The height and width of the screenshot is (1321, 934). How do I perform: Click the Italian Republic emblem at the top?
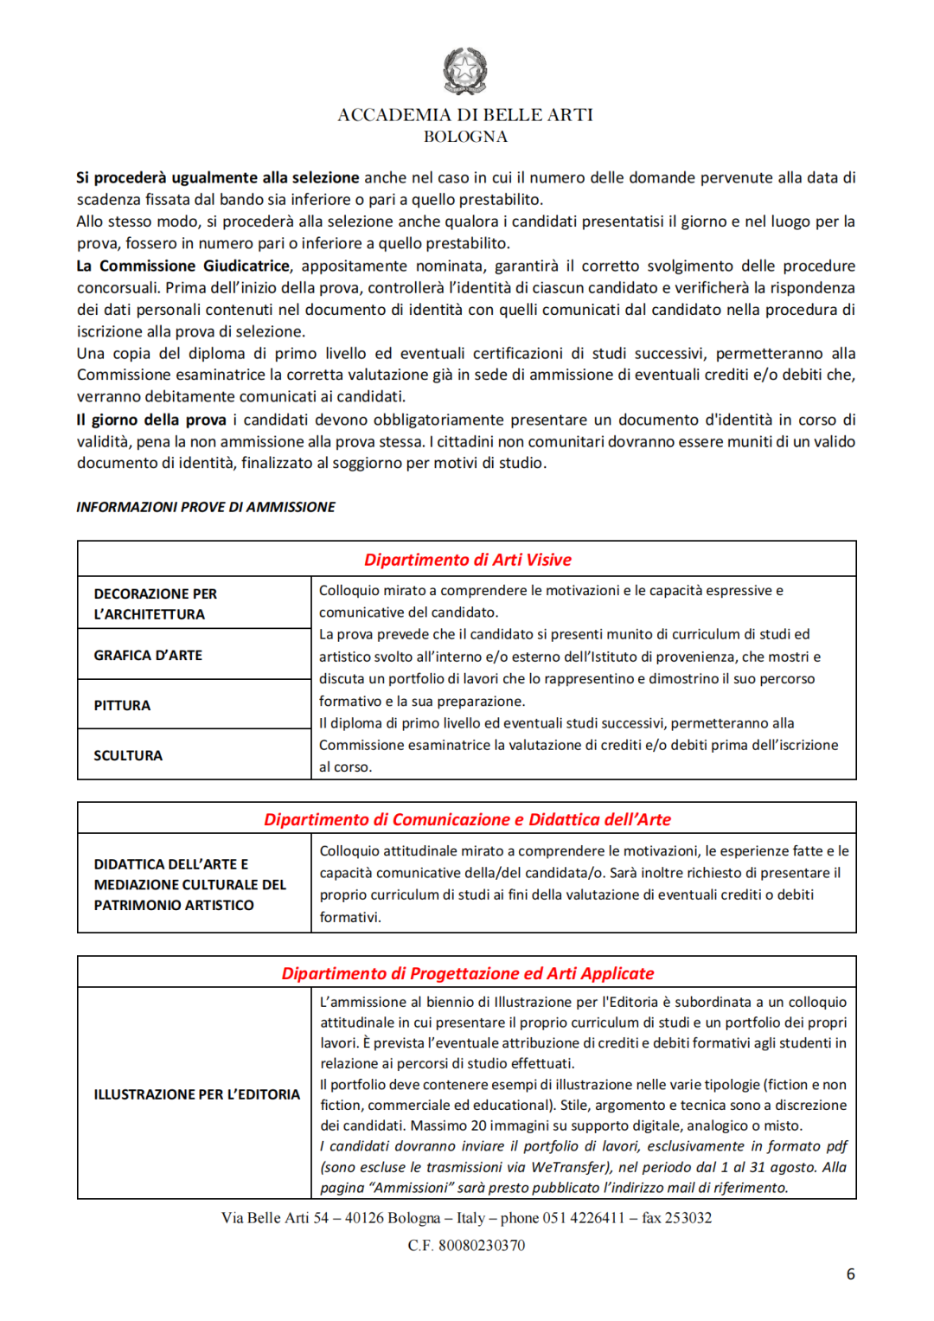point(465,71)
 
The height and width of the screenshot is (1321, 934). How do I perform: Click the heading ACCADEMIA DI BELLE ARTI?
point(465,115)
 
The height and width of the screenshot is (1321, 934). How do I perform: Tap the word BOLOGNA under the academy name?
point(465,137)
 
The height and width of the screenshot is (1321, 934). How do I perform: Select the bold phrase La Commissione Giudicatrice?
point(183,266)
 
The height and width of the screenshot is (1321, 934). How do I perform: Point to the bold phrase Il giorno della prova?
point(151,420)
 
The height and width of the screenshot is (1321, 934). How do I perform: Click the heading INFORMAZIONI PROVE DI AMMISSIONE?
point(206,507)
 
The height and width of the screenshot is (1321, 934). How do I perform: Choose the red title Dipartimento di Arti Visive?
point(467,560)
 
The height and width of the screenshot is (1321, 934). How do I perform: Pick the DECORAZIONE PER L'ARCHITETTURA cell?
point(156,604)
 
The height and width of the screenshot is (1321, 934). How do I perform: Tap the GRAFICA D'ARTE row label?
point(148,656)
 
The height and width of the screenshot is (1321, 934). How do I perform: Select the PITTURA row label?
point(122,706)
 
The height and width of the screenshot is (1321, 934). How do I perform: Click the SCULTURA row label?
point(128,756)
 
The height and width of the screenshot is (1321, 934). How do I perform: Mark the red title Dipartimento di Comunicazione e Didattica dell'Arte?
point(467,819)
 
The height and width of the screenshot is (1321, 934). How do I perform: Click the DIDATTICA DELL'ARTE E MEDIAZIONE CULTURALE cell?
point(189,885)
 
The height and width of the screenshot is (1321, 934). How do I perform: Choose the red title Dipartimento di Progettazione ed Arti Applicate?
point(467,973)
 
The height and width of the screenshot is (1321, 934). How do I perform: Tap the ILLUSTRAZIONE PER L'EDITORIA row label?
point(196,1094)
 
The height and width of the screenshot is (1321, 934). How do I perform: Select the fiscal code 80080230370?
point(482,1246)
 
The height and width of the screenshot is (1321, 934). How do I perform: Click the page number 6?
point(850,1274)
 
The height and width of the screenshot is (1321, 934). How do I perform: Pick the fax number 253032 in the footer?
point(688,1218)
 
